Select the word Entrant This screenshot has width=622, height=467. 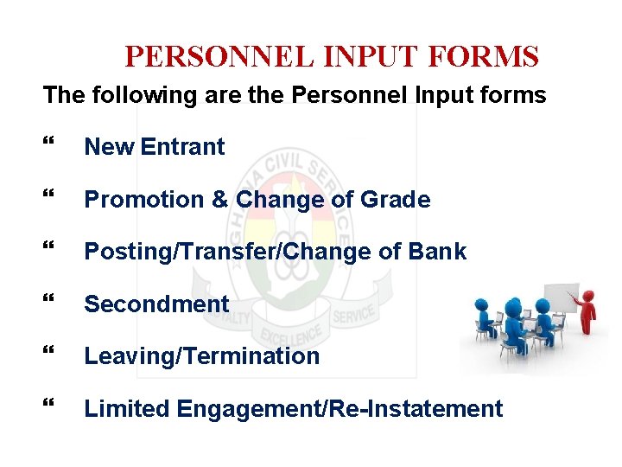tap(182, 147)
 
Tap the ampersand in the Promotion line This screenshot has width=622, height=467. tap(219, 200)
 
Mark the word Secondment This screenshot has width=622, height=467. tap(156, 304)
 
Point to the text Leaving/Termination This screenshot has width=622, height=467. tap(201, 356)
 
